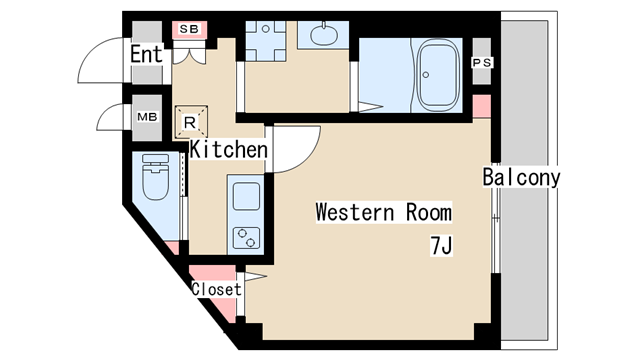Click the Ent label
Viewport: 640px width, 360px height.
[x=147, y=54]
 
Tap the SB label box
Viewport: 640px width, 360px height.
[x=189, y=29]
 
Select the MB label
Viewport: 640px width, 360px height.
[x=147, y=117]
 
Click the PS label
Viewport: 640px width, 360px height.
[x=482, y=63]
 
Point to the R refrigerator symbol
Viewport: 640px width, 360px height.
[x=191, y=122]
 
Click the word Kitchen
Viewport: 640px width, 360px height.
[x=229, y=149]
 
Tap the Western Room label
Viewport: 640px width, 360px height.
[x=384, y=212]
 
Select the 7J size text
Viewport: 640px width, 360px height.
[x=441, y=246]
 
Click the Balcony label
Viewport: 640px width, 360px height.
[x=521, y=177]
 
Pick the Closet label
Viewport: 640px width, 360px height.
[x=216, y=289]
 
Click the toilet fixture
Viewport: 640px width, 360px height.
[x=156, y=176]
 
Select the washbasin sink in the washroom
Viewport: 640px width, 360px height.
[x=324, y=36]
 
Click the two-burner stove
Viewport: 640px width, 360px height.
[x=247, y=238]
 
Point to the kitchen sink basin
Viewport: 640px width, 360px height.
[x=246, y=196]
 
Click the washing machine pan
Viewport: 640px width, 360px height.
[x=266, y=41]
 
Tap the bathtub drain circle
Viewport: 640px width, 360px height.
[x=426, y=75]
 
